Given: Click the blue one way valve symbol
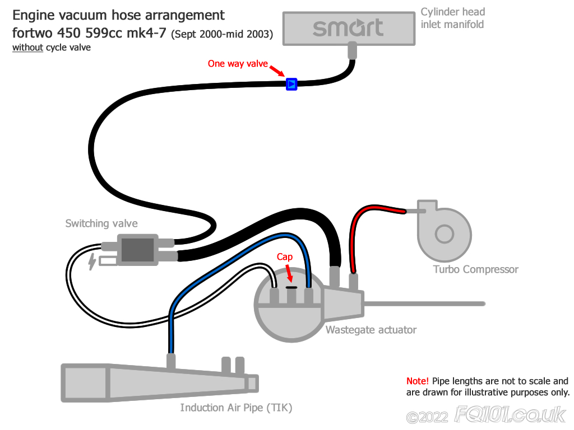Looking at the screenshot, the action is pyautogui.click(x=291, y=84).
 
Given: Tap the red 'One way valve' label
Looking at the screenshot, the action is pyautogui.click(x=238, y=64).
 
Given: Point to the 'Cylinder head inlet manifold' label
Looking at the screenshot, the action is pyautogui.click(x=453, y=18).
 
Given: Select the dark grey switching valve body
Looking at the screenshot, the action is pyautogui.click(x=137, y=250).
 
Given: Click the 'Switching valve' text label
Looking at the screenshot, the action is pyautogui.click(x=101, y=223).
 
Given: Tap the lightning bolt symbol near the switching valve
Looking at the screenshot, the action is pyautogui.click(x=92, y=261).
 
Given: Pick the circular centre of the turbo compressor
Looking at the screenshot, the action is pyautogui.click(x=445, y=233).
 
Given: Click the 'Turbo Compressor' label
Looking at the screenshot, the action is pyautogui.click(x=475, y=269).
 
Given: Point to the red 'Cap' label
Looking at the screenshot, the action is pyautogui.click(x=284, y=257).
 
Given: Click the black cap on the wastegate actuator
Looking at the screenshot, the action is pyautogui.click(x=291, y=287).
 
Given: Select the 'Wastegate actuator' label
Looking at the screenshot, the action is pyautogui.click(x=371, y=330).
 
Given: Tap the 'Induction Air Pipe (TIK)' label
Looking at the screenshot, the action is pyautogui.click(x=236, y=408).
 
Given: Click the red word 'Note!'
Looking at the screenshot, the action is pyautogui.click(x=417, y=381).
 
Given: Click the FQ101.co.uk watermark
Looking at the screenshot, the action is pyautogui.click(x=510, y=415).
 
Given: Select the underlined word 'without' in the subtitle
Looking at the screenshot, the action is pyautogui.click(x=28, y=48).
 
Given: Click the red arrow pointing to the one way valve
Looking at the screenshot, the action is pyautogui.click(x=277, y=71).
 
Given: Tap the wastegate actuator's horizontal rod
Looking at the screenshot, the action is pyautogui.click(x=424, y=303).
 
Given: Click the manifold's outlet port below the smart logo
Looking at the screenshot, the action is pyautogui.click(x=352, y=50).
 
